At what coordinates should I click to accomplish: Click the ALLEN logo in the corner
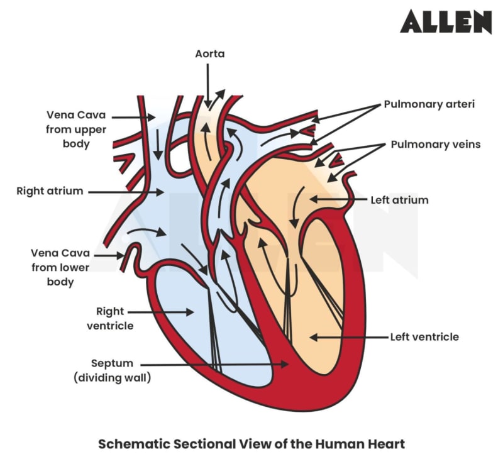click(x=445, y=21)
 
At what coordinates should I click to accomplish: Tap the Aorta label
click(x=209, y=55)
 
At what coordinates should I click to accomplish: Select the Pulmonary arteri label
click(x=429, y=104)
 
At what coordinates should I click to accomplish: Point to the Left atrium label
click(x=399, y=200)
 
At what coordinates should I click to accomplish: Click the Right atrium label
click(x=50, y=191)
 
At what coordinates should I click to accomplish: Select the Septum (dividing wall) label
click(x=113, y=370)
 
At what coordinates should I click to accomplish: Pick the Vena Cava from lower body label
click(x=60, y=267)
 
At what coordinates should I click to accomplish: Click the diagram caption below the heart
click(x=251, y=443)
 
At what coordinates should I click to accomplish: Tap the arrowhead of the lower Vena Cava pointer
click(x=124, y=255)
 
